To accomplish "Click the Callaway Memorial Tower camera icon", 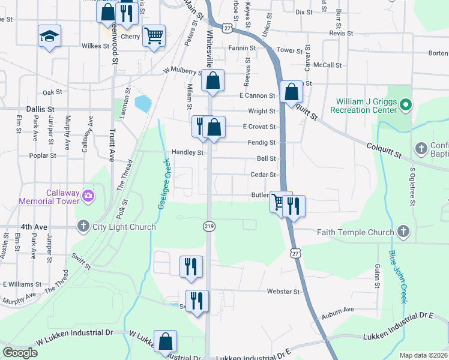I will (88, 195).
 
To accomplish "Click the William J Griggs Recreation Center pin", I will (405, 106).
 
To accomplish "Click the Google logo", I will (20, 353).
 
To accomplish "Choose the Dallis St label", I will (40, 109).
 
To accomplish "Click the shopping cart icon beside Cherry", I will (154, 36).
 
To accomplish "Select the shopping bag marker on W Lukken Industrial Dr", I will (165, 341).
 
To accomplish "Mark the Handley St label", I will (188, 152).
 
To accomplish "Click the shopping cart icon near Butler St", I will (279, 202).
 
